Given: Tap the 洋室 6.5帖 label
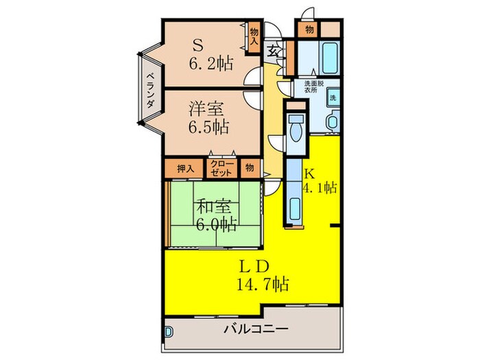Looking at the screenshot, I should (209, 117).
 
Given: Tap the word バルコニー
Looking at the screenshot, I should (256, 329).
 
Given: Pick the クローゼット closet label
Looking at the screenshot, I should (221, 167).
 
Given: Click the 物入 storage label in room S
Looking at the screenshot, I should (254, 36).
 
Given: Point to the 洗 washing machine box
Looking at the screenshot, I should (333, 97).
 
